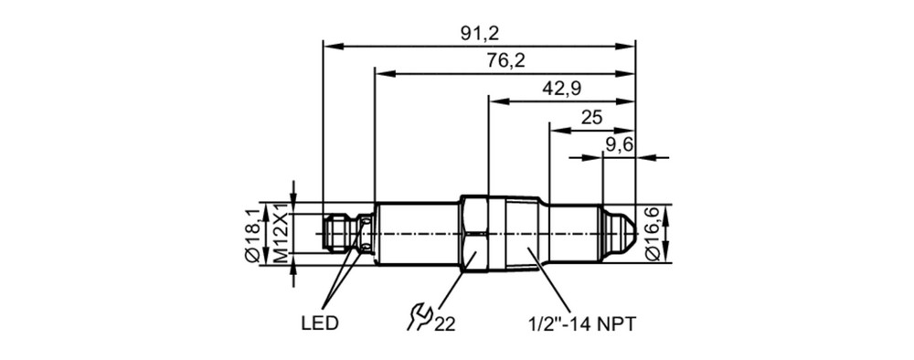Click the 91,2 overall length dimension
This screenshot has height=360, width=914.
click(480, 33)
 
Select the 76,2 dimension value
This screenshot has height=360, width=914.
click(505, 60)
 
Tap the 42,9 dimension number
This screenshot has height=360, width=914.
click(561, 88)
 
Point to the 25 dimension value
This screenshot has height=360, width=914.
click(591, 117)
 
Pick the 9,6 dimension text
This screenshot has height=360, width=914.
click(620, 143)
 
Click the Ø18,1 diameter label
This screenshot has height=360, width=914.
click(252, 235)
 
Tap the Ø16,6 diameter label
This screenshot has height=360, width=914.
click(653, 234)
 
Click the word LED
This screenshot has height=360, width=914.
click(319, 323)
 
